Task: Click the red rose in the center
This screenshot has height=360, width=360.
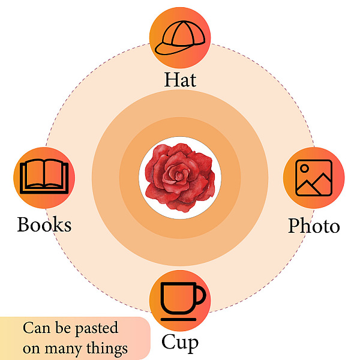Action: point(180,178)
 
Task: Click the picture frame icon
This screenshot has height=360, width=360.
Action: point(314,178)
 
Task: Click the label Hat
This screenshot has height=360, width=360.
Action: point(180,80)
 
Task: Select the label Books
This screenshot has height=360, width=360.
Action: point(44,224)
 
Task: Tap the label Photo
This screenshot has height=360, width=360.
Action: point(314,226)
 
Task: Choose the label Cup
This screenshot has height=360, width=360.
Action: point(179,342)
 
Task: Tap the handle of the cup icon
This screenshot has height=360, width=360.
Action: point(200,295)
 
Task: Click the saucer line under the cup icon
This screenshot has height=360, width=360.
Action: point(178,319)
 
